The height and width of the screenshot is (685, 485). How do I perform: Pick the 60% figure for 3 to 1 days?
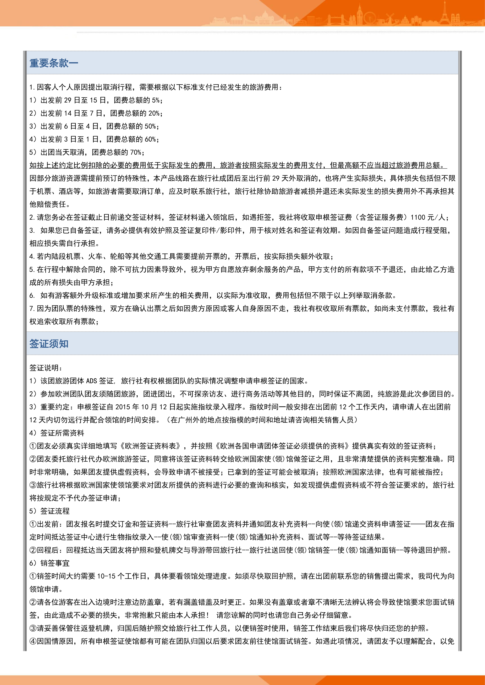[x=150, y=139]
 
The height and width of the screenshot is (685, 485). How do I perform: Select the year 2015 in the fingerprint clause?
[x=123, y=407]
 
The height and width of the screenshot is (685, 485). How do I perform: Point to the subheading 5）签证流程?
[x=50, y=511]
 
